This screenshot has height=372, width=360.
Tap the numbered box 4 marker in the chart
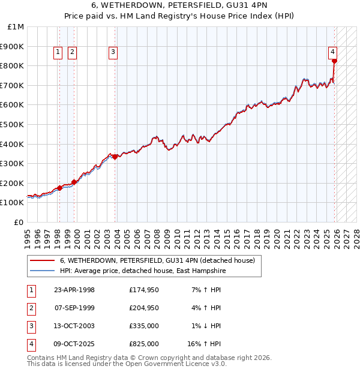point(332,52)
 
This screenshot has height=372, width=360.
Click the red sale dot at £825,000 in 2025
point(335,61)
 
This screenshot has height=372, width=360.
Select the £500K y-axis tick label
point(13,124)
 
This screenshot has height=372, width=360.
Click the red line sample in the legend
point(43,260)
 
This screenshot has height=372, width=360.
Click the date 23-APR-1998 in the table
point(74,290)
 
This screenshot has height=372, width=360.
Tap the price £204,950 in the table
point(144,308)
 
